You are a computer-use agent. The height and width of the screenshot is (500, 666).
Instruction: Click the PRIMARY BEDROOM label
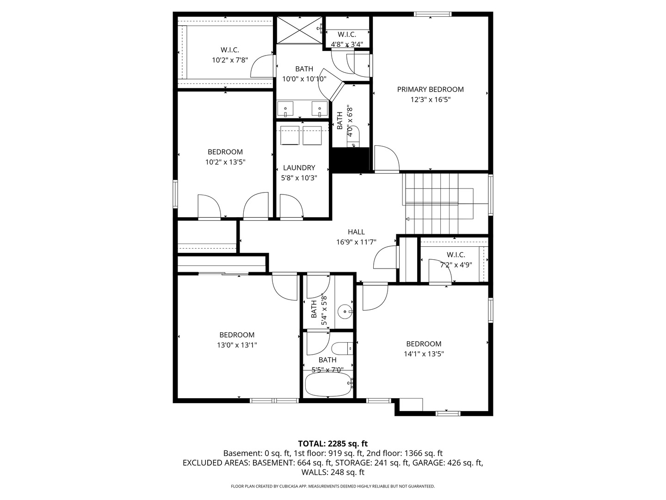point(430,89)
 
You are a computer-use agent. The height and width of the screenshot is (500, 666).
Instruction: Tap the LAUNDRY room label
point(299,168)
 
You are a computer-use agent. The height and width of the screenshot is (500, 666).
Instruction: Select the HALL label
point(356,232)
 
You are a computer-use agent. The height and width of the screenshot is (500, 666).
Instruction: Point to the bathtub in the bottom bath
point(327,385)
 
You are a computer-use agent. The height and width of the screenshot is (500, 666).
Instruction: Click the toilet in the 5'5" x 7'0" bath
point(342,348)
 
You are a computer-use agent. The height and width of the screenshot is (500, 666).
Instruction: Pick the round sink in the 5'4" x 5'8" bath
point(345,312)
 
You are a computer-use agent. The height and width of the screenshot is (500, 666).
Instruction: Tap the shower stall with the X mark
point(299,29)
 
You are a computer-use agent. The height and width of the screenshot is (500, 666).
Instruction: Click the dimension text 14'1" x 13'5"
point(424,354)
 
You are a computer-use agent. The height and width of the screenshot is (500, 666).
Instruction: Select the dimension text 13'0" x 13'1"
point(237,345)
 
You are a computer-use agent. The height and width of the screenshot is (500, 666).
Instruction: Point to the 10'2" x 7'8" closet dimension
point(230,60)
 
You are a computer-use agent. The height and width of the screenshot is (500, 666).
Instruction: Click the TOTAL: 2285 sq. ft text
point(333,444)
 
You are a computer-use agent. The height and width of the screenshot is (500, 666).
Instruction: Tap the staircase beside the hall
point(431,204)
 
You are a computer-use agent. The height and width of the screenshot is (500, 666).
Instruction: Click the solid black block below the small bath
point(351,160)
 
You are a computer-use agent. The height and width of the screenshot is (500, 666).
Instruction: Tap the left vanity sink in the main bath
point(286,110)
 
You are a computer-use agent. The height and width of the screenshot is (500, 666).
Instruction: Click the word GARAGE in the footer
point(428,462)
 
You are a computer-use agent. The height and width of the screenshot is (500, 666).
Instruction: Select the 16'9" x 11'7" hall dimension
point(356,242)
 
